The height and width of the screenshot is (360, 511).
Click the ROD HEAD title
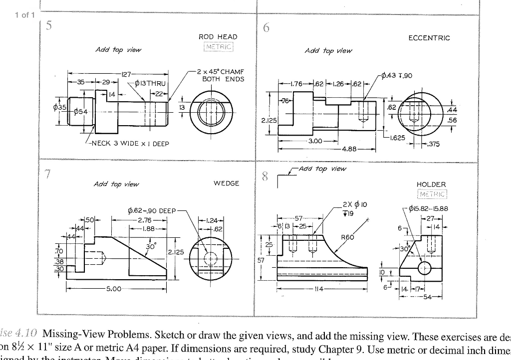point(218,37)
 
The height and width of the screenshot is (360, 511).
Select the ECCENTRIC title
point(429,38)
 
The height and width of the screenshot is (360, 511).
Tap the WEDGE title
point(226,183)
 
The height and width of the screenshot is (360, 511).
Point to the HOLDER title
point(430,184)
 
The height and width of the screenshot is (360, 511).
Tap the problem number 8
point(265,177)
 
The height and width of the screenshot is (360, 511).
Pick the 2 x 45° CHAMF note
point(223,75)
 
